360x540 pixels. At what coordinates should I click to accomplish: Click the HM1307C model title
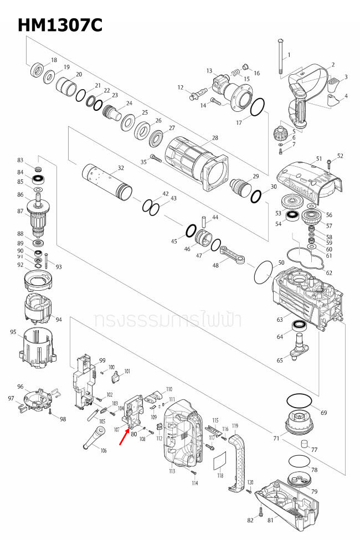point(59,25)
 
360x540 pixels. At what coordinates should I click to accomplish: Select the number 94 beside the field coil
point(58,320)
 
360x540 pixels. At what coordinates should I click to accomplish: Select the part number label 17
point(239,122)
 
